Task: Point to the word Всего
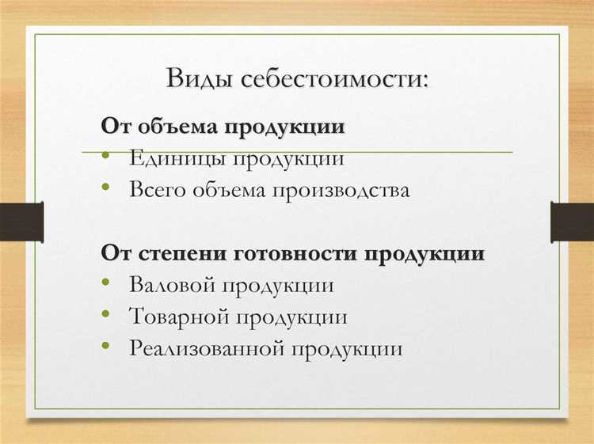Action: (158, 190)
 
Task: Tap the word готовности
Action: (296, 254)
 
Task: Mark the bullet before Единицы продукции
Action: (107, 157)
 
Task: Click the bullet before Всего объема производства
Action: (107, 190)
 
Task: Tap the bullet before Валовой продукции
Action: (107, 285)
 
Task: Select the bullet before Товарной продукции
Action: (107, 317)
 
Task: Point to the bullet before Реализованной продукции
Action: (107, 348)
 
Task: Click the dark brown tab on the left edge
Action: (21, 222)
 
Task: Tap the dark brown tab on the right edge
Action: (572, 222)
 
